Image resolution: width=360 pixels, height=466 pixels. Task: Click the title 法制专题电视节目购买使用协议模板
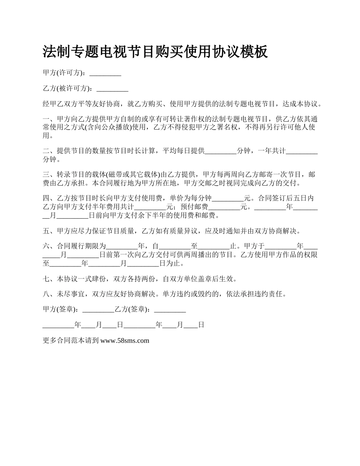coord(155,52)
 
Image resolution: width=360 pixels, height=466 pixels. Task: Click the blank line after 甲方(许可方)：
coord(105,73)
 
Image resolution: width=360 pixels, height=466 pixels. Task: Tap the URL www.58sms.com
coord(125,340)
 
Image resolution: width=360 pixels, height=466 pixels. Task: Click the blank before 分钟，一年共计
coord(221,151)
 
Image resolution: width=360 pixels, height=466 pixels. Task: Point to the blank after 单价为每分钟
coord(228,198)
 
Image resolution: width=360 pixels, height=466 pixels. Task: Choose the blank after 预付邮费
coord(224,207)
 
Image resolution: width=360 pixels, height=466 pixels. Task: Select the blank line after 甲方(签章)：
coord(98,309)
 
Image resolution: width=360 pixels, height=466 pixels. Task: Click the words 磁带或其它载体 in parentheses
coord(132,175)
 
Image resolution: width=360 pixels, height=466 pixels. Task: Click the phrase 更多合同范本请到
coord(71,340)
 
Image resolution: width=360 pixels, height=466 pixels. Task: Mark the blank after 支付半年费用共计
coord(150,207)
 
